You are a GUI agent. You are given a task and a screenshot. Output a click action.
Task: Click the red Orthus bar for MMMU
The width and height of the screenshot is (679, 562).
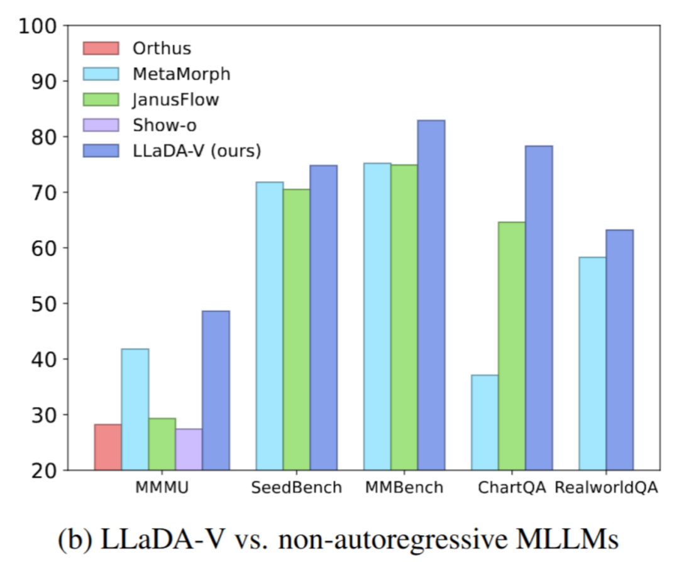pyautogui.click(x=108, y=447)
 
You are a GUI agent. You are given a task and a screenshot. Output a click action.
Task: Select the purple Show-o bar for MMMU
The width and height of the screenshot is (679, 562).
pyautogui.click(x=189, y=449)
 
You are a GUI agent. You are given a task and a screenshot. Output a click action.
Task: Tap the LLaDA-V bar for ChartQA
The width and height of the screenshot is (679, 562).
pyautogui.click(x=539, y=308)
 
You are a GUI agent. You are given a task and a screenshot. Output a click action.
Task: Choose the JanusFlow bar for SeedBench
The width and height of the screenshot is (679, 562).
pyautogui.click(x=297, y=329)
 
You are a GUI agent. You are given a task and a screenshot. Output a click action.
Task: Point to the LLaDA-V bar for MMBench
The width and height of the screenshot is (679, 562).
pyautogui.click(x=431, y=295)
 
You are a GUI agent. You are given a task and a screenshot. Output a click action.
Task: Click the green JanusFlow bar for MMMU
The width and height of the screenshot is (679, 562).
pyautogui.click(x=162, y=444)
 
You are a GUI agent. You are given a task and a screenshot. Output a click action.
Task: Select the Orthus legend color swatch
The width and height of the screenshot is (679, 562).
pyautogui.click(x=101, y=48)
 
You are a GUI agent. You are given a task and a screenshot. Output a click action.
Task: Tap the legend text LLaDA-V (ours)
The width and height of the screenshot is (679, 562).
pyautogui.click(x=197, y=151)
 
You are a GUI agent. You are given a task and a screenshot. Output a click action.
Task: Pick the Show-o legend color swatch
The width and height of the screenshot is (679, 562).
pyautogui.click(x=101, y=125)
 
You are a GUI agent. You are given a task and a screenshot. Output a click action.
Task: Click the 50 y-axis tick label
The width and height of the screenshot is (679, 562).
pyautogui.click(x=45, y=304)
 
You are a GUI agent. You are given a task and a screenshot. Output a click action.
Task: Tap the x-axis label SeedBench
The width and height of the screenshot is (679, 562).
pyautogui.click(x=296, y=488)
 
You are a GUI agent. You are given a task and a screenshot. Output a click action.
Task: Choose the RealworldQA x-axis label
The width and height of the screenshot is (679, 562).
pyautogui.click(x=606, y=488)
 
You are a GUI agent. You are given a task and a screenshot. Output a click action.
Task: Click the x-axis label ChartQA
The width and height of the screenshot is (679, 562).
pyautogui.click(x=511, y=488)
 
